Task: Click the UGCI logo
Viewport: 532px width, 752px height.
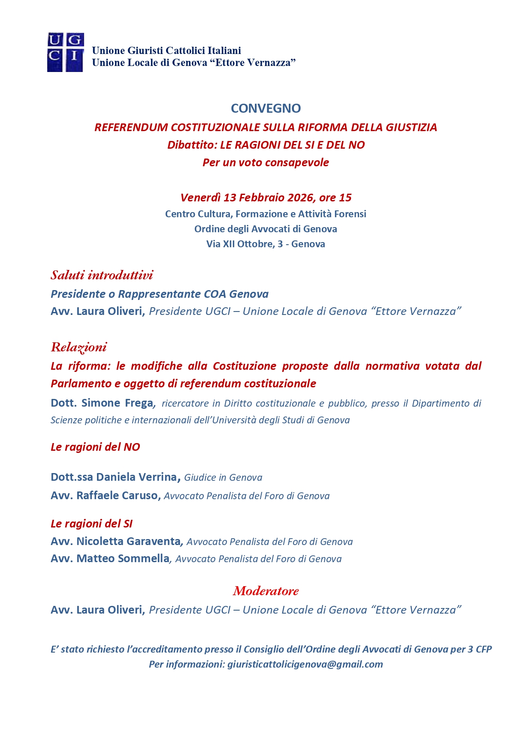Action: pos(65,52)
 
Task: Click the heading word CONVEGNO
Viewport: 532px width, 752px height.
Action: pos(266,108)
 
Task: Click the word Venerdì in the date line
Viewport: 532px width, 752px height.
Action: pos(200,198)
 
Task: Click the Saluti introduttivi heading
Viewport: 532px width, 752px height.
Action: pos(102,275)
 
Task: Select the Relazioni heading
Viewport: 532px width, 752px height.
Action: pos(79,347)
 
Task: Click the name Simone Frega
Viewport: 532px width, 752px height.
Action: pos(117,403)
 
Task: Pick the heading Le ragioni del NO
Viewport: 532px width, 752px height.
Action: pos(95,447)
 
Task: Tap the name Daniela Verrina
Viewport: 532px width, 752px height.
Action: pos(136,477)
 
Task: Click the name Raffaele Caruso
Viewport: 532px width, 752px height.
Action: pos(117,496)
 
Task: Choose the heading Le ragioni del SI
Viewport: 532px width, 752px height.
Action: pos(91,524)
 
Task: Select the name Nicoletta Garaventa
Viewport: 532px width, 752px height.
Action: pos(128,542)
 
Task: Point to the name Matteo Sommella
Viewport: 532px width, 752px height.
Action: pos(123,559)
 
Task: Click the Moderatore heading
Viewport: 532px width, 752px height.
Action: pos(266,591)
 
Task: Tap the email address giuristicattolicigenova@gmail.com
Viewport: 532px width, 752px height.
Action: pos(305,665)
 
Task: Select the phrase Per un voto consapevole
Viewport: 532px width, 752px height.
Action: pos(266,163)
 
